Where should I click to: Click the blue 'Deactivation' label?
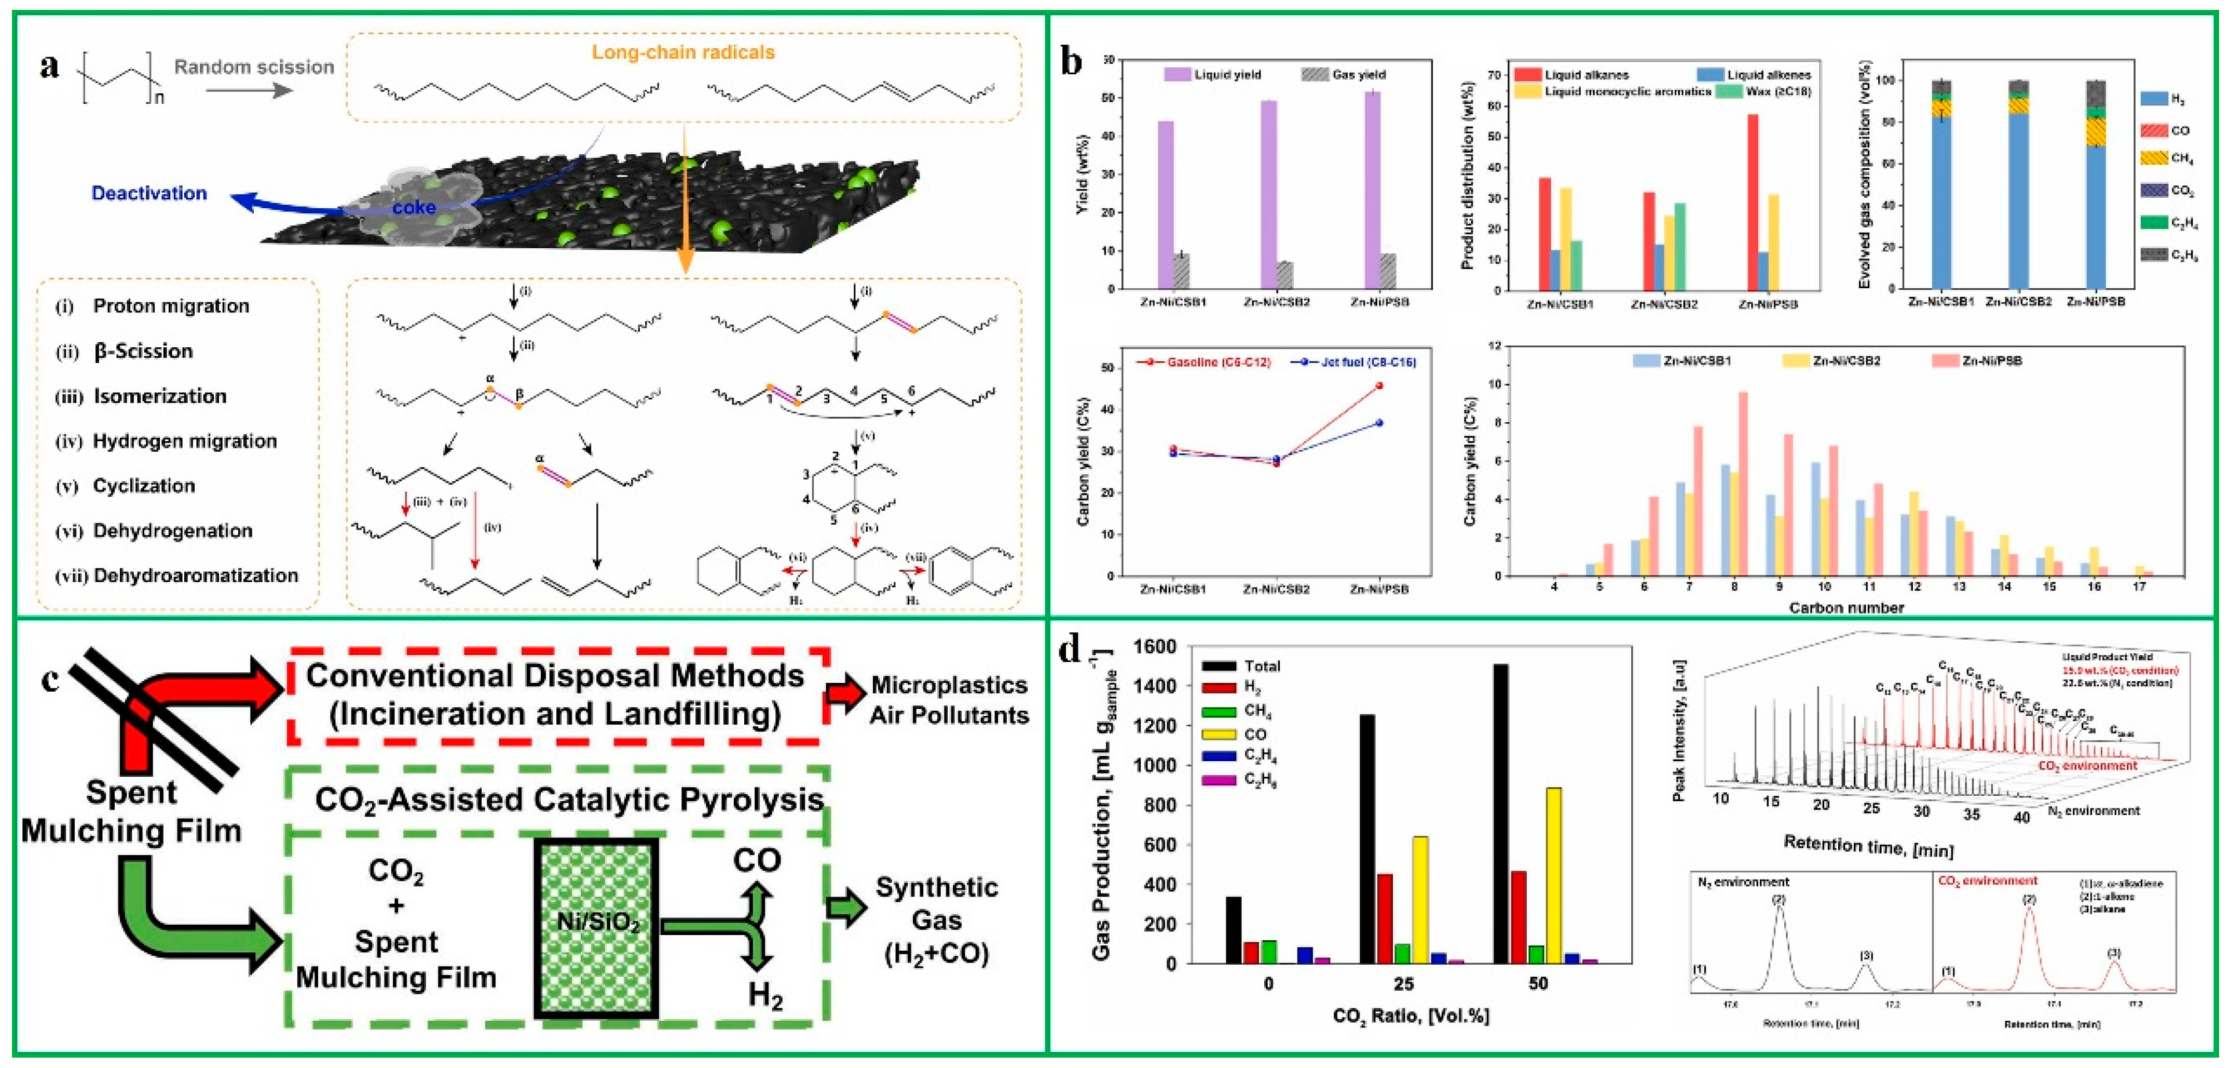pyautogui.click(x=149, y=193)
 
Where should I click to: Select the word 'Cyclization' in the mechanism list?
pyautogui.click(x=144, y=485)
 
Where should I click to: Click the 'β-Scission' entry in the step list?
pyautogui.click(x=143, y=350)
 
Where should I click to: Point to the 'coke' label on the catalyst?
pyautogui.click(x=414, y=207)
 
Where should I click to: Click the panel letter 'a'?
pyautogui.click(x=49, y=66)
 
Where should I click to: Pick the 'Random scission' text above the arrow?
pyautogui.click(x=254, y=66)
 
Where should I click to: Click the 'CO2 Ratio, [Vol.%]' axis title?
pyautogui.click(x=1411, y=1015)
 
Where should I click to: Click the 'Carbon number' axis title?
pyautogui.click(x=1845, y=607)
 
